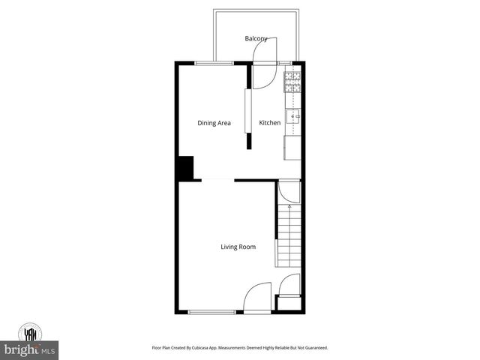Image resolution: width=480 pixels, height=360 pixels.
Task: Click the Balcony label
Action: coord(256,38)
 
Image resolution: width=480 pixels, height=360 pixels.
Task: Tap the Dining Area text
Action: coord(214,123)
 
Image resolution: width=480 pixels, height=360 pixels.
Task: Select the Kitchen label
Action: coord(270,123)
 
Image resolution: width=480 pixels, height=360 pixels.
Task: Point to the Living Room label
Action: coord(238,247)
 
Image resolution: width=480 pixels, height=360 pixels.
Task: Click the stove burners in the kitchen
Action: coord(292,81)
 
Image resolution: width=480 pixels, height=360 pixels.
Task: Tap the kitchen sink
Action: coord(293,115)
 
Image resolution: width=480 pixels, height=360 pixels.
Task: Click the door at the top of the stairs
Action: coord(289,193)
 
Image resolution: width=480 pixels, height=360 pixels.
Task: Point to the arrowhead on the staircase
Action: coord(289,205)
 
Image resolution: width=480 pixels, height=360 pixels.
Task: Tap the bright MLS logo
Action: coord(30,349)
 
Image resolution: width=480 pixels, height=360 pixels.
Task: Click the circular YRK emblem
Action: coord(30,331)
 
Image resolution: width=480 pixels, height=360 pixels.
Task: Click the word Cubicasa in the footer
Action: coord(210,348)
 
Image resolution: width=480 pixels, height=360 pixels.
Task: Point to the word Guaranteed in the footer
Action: coord(313,348)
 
